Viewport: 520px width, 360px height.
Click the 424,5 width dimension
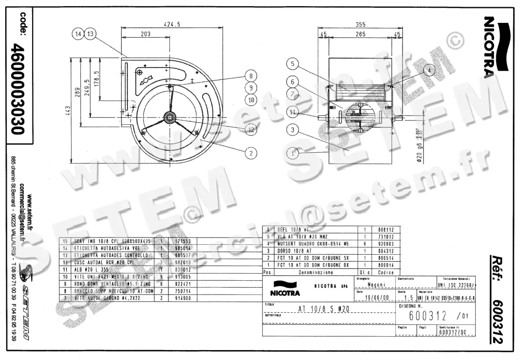172,25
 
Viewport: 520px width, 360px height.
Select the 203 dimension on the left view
145,34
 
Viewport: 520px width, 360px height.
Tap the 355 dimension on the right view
358,25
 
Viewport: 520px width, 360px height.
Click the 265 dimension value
358,34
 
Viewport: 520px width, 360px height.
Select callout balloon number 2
250,152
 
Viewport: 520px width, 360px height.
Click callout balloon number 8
250,76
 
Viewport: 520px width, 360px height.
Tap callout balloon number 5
293,64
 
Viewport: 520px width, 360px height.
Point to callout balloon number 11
293,113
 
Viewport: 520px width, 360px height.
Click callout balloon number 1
293,153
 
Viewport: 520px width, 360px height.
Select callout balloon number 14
78,34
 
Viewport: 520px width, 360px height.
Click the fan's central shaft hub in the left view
169,116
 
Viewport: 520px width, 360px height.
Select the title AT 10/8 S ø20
325,309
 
